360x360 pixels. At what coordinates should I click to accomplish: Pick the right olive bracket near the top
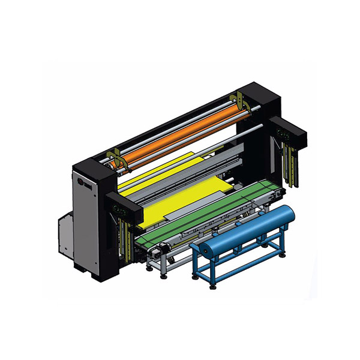pos(239,100)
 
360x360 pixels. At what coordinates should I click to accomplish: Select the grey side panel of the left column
pos(84,222)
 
